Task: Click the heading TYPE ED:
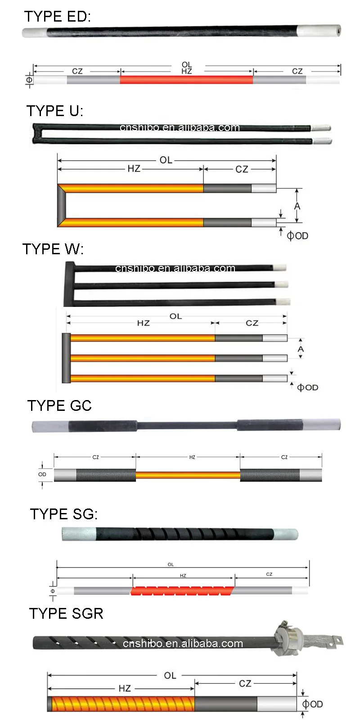57,17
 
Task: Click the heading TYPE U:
54,111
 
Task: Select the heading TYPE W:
53,249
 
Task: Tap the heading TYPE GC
59,405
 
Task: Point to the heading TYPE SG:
63,514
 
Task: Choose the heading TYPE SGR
66,613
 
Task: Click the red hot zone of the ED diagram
186,80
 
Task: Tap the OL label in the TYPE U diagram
166,160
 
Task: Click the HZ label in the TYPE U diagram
134,169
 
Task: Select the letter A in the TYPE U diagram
297,206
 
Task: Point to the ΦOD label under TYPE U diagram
297,236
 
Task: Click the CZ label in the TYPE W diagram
252,323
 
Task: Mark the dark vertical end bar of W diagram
66,358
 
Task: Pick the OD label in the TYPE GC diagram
42,474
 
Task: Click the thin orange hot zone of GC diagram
188,475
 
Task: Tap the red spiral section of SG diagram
183,590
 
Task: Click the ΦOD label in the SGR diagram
313,704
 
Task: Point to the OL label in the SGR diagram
170,675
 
